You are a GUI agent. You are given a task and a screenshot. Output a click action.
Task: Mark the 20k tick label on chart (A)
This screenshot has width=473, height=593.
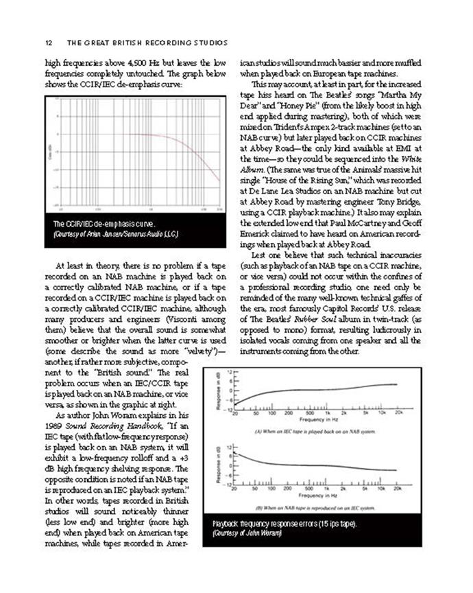[x=397, y=413]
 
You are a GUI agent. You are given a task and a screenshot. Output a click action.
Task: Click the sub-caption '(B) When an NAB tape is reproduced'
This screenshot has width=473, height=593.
[x=314, y=508]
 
